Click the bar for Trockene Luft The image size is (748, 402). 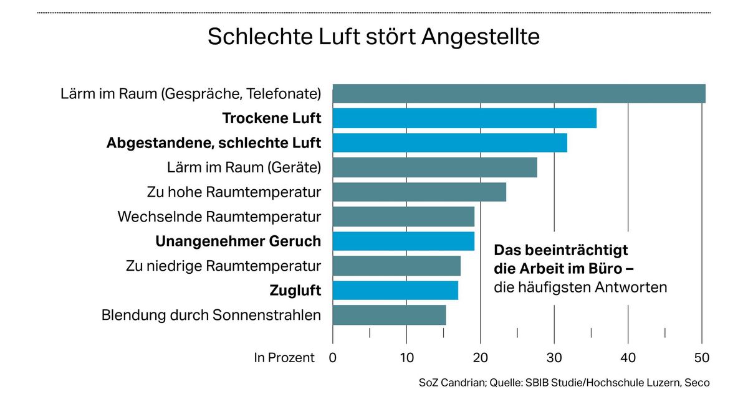pos(464,118)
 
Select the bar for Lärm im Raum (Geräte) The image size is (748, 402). pos(434,167)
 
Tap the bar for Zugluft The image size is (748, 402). pos(395,291)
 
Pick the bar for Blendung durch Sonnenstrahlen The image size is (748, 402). pos(389,315)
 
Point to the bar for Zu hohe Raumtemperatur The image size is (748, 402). pos(419,192)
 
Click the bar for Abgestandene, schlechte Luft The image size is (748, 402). pos(449,143)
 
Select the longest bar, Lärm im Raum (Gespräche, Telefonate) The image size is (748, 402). pos(519,93)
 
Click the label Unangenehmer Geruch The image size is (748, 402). pos(238,241)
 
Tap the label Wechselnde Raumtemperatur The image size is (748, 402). pos(219,217)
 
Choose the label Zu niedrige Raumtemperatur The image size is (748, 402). pos(223,266)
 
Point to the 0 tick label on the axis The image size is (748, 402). pos(333,358)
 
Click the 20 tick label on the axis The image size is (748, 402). pos(481,358)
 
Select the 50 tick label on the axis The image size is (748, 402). pos(702,358)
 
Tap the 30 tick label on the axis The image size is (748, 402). pos(554,358)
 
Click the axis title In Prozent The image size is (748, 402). pos(284,358)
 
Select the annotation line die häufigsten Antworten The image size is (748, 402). pos(580,287)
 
